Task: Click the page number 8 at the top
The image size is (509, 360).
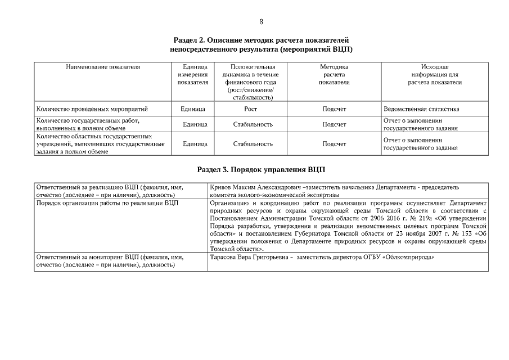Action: coord(261,22)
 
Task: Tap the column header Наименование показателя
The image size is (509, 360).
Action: coord(103,67)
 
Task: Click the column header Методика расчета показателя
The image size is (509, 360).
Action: coord(334,75)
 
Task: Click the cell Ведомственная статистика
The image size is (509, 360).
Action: coord(421,109)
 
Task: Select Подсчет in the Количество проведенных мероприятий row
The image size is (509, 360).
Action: coord(334,109)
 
